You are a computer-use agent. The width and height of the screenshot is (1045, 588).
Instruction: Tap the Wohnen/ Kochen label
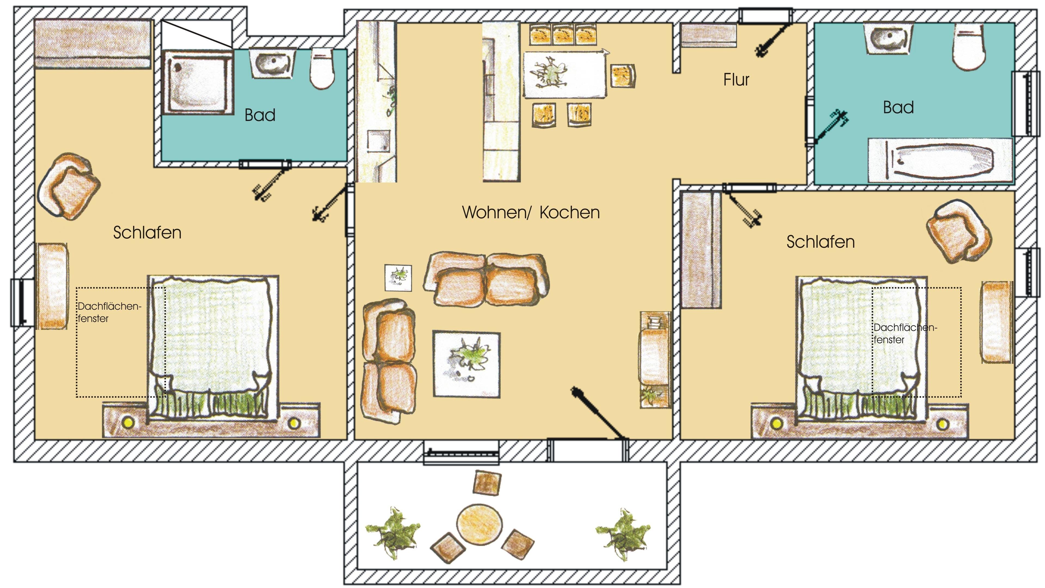(x=531, y=213)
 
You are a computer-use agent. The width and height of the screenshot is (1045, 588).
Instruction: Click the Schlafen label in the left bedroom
(x=147, y=233)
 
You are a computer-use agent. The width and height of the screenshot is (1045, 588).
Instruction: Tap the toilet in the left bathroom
(x=322, y=69)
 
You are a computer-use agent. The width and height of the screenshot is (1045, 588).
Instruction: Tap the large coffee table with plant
(x=466, y=364)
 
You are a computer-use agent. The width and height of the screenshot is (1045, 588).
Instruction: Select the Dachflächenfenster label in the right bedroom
(x=905, y=333)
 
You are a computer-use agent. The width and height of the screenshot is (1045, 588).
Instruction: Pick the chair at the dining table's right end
(x=623, y=76)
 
